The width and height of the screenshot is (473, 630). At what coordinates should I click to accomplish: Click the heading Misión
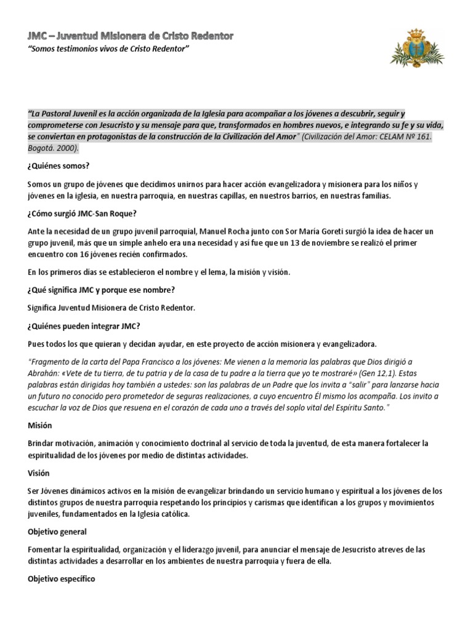coord(40,425)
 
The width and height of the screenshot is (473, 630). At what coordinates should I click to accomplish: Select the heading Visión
coord(39,473)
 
